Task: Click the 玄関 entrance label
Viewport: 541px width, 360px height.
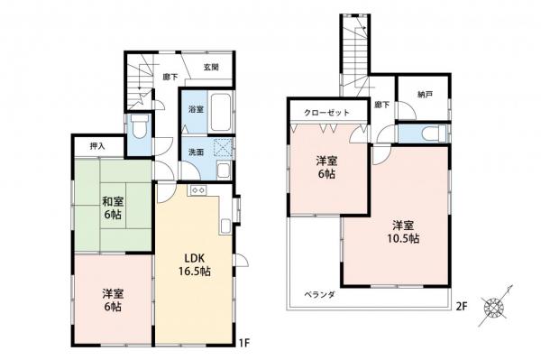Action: (211, 67)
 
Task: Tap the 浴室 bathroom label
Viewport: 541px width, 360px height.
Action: (195, 109)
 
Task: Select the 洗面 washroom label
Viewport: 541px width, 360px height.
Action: (195, 152)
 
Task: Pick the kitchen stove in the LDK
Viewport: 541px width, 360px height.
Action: (197, 190)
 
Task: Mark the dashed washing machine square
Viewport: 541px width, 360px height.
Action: (221, 149)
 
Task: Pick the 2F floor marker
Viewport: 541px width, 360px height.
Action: (462, 307)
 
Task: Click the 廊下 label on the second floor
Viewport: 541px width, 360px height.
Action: (381, 106)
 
